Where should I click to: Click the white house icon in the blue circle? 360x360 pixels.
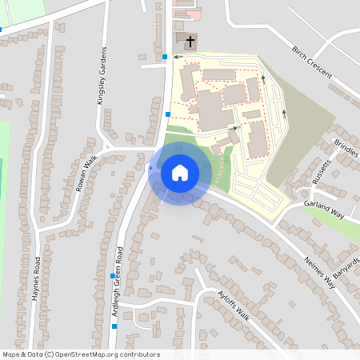pyautogui.click(x=180, y=173)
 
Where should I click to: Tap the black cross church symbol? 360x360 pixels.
pyautogui.click(x=190, y=41)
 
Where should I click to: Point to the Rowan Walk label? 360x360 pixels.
pyautogui.click(x=85, y=174)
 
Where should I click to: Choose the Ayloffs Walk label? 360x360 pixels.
pyautogui.click(x=234, y=306)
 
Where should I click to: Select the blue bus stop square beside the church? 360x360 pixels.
pyautogui.click(x=165, y=57)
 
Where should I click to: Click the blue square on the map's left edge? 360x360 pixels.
pyautogui.click(x=1, y=30)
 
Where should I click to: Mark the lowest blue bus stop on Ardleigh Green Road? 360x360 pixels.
pyautogui.click(x=114, y=326)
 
